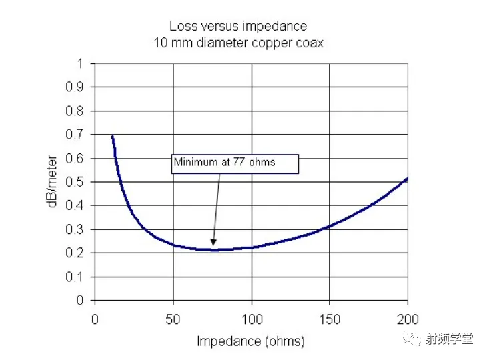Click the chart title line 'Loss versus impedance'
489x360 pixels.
pyautogui.click(x=237, y=27)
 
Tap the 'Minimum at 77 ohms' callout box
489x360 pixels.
pyautogui.click(x=235, y=162)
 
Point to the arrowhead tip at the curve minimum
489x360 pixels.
pyautogui.click(x=213, y=245)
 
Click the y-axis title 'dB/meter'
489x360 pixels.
pyautogui.click(x=52, y=182)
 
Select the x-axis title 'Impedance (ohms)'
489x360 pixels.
pyautogui.click(x=250, y=341)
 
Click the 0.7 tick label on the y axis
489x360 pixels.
pyautogui.click(x=80, y=135)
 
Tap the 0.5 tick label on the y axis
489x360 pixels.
pyautogui.click(x=80, y=182)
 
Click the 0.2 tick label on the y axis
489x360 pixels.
pyautogui.click(x=80, y=253)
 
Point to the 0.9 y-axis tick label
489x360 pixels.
pyautogui.click(x=80, y=87)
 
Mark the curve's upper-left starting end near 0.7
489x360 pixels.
pyautogui.click(x=112, y=136)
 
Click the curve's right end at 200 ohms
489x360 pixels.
pyautogui.click(x=407, y=179)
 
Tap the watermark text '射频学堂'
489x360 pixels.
pyautogui.click(x=450, y=339)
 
